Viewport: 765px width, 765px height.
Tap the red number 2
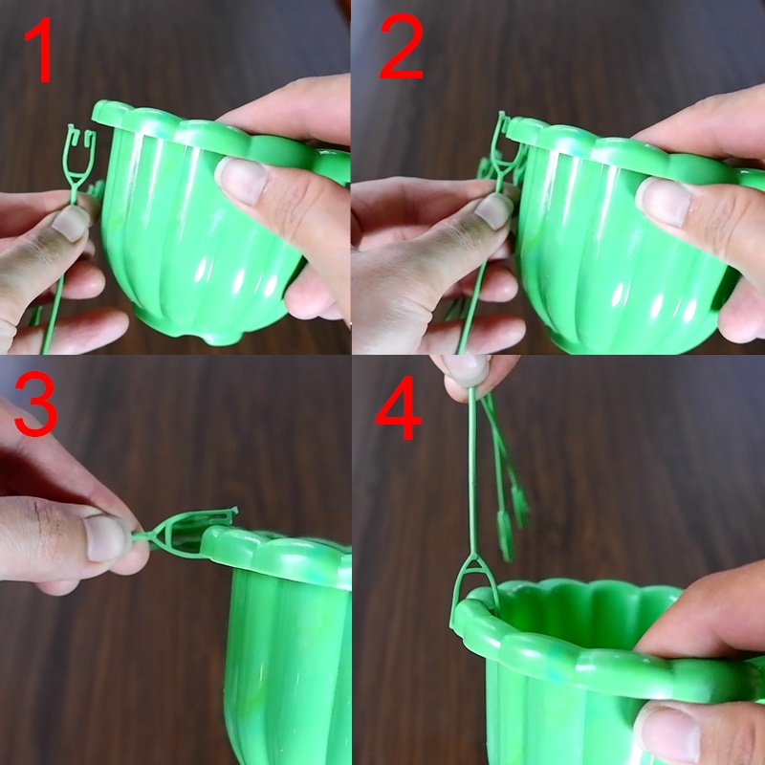coord(401,46)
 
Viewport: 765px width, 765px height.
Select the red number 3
coord(35,403)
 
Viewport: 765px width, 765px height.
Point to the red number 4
coord(398,407)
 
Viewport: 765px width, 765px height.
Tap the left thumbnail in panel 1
coord(70,224)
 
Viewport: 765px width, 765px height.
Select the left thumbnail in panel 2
coord(492,210)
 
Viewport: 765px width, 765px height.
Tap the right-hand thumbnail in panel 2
coord(665,200)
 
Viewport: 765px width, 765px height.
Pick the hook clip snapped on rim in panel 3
coord(186,533)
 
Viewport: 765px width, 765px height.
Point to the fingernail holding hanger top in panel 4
coord(465,369)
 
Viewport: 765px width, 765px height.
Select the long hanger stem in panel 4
coord(472,470)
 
